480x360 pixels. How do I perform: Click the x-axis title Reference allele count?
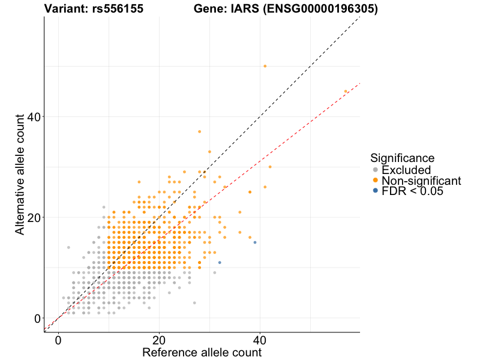(x=202, y=352)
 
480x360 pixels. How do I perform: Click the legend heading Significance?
(x=402, y=158)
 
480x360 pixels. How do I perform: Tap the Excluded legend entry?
(x=410, y=170)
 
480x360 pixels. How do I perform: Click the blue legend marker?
(x=376, y=191)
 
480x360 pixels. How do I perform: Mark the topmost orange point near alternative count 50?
(x=265, y=66)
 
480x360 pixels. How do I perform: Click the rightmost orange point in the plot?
(x=346, y=91)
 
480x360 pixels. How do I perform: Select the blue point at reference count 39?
(x=255, y=242)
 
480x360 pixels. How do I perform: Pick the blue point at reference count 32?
(x=220, y=262)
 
